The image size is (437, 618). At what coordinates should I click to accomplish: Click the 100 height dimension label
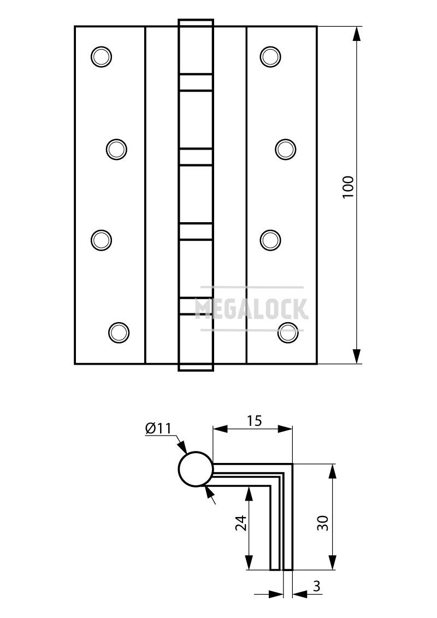[x=349, y=187]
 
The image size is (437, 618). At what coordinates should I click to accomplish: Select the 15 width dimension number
[x=255, y=421]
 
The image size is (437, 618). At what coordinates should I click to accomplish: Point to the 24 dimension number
[x=241, y=523]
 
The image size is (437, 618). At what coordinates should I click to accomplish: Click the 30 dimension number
[x=323, y=523]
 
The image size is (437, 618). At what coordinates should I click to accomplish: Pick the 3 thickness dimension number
[x=316, y=586]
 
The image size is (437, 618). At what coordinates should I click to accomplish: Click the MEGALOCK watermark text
[x=252, y=308]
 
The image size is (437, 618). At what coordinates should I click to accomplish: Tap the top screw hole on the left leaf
[x=102, y=57]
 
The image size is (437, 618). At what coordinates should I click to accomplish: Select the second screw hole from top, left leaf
[x=117, y=150]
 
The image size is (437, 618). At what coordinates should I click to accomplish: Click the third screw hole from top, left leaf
[x=102, y=240]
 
